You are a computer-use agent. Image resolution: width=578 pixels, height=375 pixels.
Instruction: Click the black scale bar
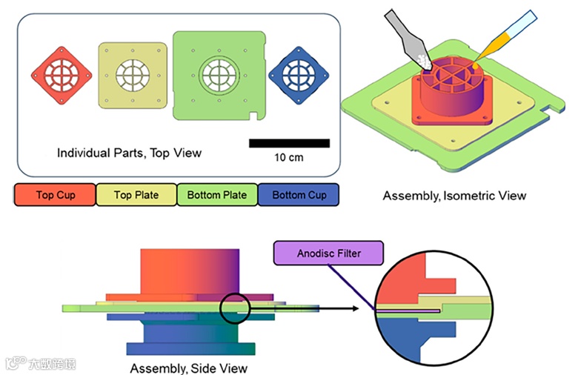click(x=289, y=143)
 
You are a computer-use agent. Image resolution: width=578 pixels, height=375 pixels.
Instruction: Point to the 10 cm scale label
click(x=289, y=158)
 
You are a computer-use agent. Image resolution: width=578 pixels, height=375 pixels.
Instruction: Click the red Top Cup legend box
click(x=55, y=195)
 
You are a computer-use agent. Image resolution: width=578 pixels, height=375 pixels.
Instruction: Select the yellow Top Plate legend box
click(x=136, y=195)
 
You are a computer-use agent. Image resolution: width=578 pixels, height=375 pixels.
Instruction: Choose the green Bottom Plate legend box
click(x=217, y=195)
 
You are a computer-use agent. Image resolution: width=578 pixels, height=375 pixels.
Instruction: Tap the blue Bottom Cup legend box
click(x=299, y=195)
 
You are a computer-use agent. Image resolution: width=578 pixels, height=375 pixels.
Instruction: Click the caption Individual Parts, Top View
click(x=130, y=153)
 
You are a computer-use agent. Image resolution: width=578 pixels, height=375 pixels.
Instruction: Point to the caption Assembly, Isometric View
click(x=454, y=196)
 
